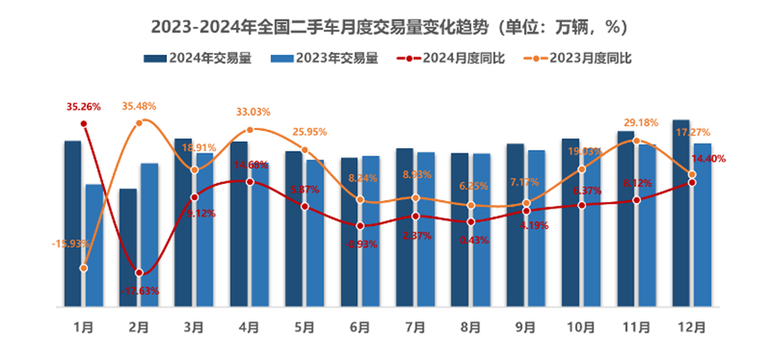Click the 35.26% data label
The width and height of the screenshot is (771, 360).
click(84, 107)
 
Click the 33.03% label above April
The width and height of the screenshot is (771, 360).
click(252, 112)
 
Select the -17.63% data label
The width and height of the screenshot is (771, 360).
click(139, 289)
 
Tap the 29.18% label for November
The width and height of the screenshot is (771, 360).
click(639, 122)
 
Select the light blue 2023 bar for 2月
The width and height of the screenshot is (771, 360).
click(149, 235)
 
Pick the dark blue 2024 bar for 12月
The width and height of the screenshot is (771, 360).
click(680, 214)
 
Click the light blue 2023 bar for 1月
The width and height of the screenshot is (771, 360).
click(94, 246)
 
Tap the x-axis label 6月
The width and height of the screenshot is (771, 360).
click(362, 328)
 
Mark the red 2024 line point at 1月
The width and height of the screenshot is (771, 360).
click(84, 124)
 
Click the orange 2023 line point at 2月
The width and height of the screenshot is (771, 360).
click(140, 123)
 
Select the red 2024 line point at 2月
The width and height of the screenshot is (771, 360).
click(139, 273)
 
